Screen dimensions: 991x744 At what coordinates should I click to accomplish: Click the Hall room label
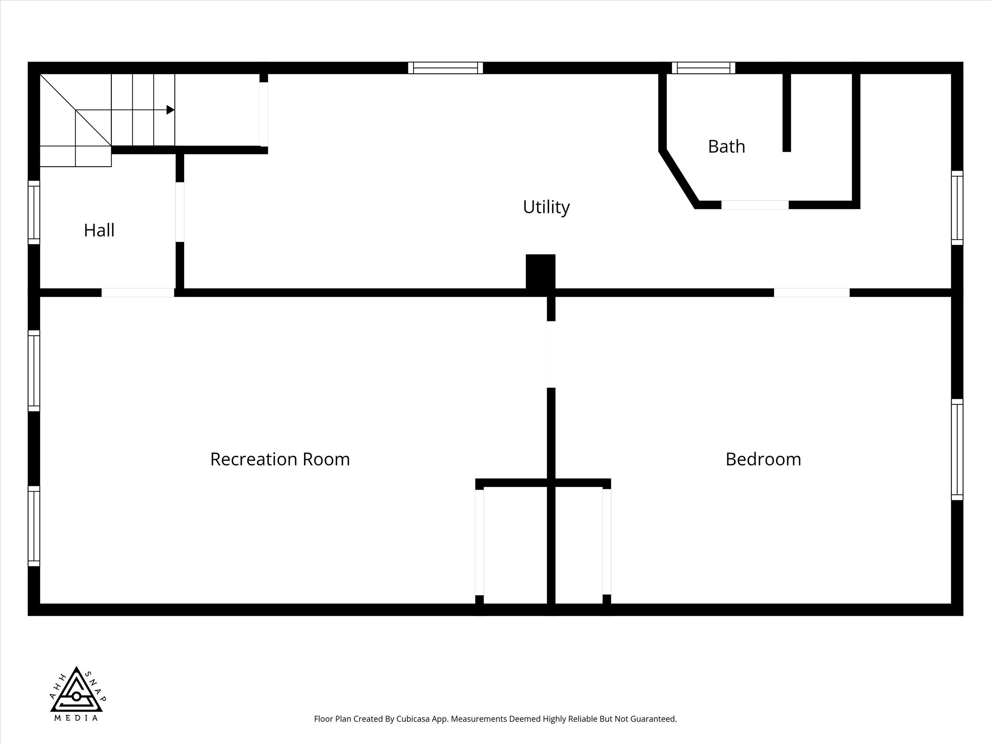click(x=99, y=230)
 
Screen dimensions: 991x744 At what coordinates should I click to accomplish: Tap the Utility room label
click(x=546, y=207)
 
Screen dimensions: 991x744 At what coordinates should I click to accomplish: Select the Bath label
click(x=726, y=147)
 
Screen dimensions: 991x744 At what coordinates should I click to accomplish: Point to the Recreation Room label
click(x=280, y=459)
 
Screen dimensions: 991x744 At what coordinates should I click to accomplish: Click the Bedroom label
click(x=763, y=459)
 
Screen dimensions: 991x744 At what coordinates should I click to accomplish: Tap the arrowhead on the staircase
click(x=170, y=110)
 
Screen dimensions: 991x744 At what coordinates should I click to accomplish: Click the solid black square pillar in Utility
click(x=540, y=272)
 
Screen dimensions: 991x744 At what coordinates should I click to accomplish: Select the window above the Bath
click(x=703, y=68)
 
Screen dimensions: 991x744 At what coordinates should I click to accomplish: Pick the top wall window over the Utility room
click(x=445, y=68)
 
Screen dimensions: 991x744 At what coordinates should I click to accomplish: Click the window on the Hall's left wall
click(x=34, y=212)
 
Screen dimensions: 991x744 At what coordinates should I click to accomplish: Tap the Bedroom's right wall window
click(x=957, y=449)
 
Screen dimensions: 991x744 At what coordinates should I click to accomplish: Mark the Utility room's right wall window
click(x=957, y=208)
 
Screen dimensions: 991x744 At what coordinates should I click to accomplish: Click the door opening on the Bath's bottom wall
click(x=755, y=204)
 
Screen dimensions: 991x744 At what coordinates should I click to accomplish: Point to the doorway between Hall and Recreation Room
click(x=138, y=292)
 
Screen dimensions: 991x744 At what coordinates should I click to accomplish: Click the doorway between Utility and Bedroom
click(x=812, y=292)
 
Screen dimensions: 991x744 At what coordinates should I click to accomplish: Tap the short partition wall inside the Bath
click(x=787, y=113)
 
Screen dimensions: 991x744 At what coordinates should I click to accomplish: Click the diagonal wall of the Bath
click(x=678, y=178)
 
